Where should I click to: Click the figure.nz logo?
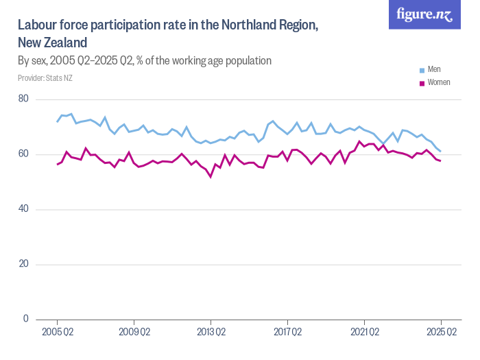pos(424,14)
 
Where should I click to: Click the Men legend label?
pos(434,69)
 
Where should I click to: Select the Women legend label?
pos(438,82)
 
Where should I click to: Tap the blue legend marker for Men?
pos(422,70)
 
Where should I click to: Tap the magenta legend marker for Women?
pos(422,83)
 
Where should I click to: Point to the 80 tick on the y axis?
pos(23,99)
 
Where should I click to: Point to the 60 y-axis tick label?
pos(23,154)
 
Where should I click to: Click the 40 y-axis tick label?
pos(23,209)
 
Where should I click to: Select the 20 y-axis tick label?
pos(23,264)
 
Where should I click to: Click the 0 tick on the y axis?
pos(25,319)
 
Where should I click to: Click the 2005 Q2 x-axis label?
pos(57,333)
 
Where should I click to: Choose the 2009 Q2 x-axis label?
pos(134,333)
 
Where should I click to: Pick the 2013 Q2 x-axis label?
pos(211,333)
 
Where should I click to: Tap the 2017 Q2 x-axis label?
pos(287,333)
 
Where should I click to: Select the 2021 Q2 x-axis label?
pos(364,333)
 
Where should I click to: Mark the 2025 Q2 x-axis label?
pos(441,333)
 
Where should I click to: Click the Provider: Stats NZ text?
pos(45,77)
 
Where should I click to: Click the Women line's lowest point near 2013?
pos(211,177)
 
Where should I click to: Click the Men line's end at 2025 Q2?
pos(440,151)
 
